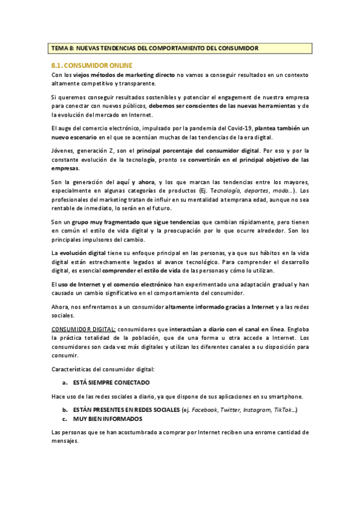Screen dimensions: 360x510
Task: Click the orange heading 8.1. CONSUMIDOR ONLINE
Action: point(92,65)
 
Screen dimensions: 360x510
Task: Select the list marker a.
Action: point(64,382)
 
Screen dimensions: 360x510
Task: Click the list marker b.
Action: point(64,410)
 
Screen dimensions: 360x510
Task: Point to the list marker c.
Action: point(64,419)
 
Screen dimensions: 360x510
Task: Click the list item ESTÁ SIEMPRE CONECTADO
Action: point(111,382)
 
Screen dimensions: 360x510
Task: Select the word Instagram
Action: point(257,410)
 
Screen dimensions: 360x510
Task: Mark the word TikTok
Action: point(284,410)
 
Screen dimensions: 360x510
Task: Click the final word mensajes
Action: point(65,441)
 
